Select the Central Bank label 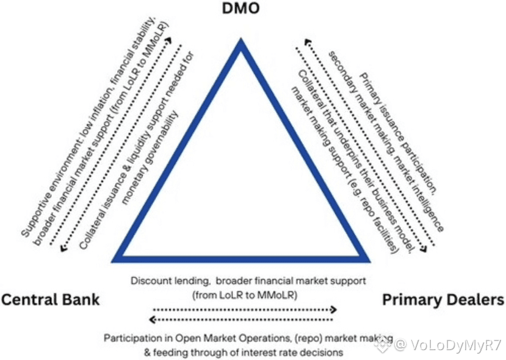[x=50, y=300]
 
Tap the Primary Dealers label [x=443, y=300]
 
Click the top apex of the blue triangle [x=242, y=43]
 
